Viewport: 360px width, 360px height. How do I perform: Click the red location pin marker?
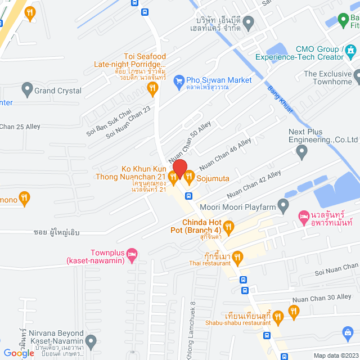(x=179, y=168)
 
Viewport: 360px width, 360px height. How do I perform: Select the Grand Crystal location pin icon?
(x=26, y=89)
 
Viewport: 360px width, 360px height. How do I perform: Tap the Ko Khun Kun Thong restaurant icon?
(x=173, y=178)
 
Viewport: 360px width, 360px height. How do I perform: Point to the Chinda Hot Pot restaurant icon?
(x=228, y=227)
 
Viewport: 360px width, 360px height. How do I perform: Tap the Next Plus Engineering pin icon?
(x=302, y=150)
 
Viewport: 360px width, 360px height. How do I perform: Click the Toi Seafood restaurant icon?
(x=151, y=87)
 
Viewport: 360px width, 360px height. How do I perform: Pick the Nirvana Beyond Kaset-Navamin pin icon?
(x=92, y=341)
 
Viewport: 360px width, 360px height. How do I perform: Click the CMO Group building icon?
(x=352, y=52)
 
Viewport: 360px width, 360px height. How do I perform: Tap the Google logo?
(x=19, y=353)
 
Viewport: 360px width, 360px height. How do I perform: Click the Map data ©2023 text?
(x=335, y=355)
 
